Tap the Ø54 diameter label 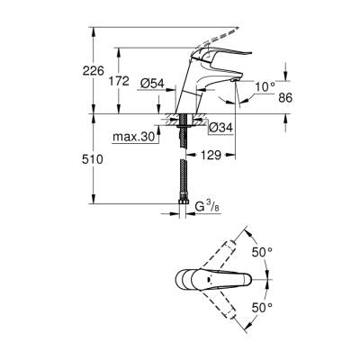tap(153, 84)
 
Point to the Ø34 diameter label tap(220, 126)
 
